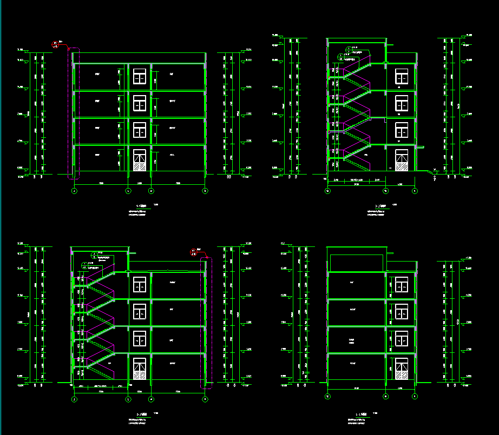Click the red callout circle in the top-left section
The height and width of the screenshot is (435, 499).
pos(55,44)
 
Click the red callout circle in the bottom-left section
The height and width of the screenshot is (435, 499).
pos(194,251)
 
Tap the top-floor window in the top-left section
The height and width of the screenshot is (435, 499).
pos(140,76)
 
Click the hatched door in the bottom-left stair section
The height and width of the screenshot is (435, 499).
pos(140,369)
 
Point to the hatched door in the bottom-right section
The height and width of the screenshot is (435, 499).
pos(402,369)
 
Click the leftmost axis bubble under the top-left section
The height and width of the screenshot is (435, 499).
pos(74,191)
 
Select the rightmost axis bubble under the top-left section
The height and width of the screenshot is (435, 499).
pos(205,191)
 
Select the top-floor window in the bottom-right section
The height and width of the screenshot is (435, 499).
pos(402,285)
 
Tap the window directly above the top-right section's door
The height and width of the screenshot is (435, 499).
pos(402,130)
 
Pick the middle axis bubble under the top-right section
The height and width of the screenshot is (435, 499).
pos(386,191)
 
